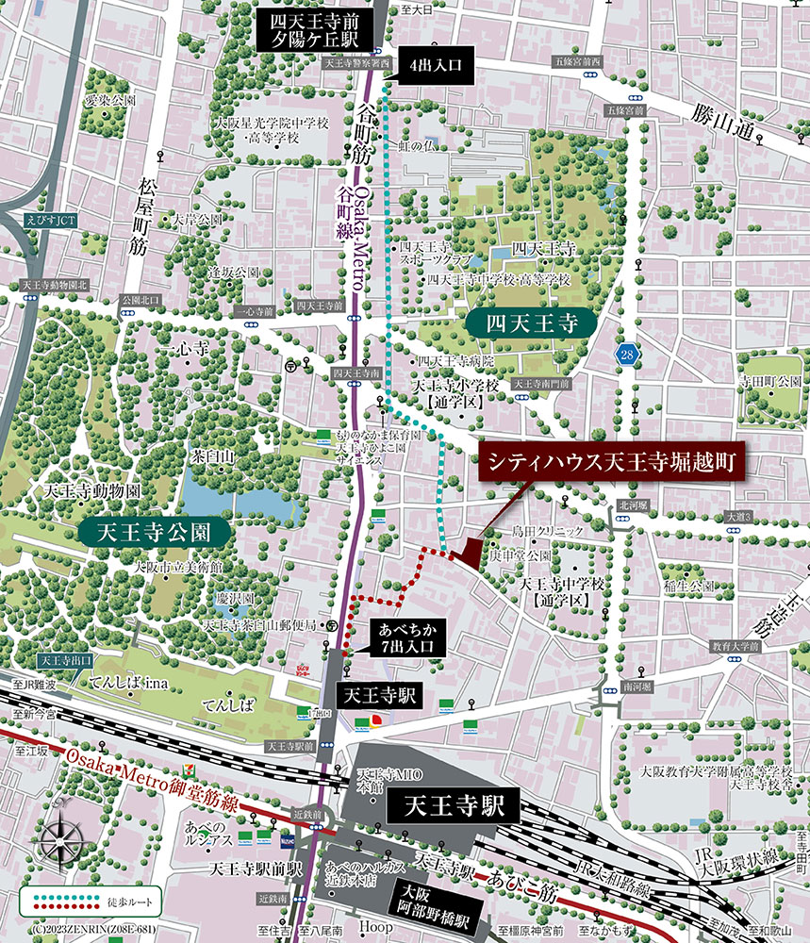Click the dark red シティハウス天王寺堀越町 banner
612,463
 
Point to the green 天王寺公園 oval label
156,530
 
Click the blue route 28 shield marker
626,354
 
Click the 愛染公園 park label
111,99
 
